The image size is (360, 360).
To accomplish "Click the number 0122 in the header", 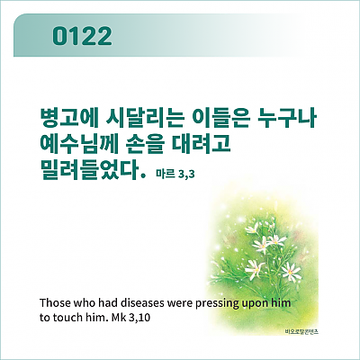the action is click(82, 36).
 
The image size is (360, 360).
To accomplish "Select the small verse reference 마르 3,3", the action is click(175, 174).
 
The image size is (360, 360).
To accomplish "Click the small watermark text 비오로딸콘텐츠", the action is click(301, 331).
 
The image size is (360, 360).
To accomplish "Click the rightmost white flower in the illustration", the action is click(291, 272).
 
